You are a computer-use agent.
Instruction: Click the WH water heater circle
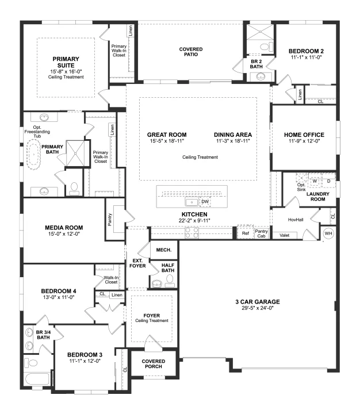[328, 233]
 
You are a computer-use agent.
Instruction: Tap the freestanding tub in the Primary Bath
[33, 155]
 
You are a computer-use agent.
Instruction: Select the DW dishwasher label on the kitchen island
[205, 202]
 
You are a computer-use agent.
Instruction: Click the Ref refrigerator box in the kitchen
[246, 233]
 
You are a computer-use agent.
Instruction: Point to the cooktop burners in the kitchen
[192, 232]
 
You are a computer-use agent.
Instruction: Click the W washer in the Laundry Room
[315, 181]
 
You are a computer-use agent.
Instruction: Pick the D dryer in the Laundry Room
[328, 181]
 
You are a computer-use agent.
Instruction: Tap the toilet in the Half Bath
[170, 281]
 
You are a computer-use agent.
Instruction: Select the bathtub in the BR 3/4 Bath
[37, 379]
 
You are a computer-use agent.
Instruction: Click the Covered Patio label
[191, 52]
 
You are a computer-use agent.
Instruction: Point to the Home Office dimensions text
[304, 141]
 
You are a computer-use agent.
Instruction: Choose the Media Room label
[64, 228]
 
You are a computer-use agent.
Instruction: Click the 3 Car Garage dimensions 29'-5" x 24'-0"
[258, 308]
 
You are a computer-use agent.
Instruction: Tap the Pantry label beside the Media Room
[110, 220]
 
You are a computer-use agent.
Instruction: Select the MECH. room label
[164, 250]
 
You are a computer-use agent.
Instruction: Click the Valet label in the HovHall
[284, 235]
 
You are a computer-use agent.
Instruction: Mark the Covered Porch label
[154, 364]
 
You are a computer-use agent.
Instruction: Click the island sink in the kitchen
[192, 202]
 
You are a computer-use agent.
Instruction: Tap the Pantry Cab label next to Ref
[261, 233]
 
